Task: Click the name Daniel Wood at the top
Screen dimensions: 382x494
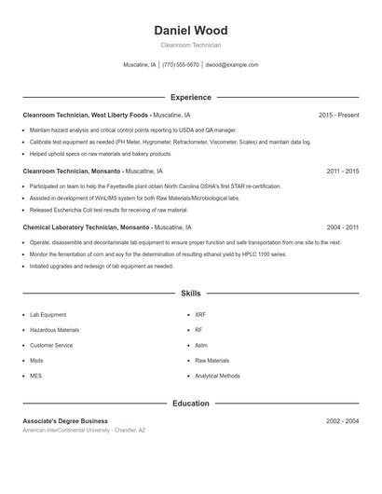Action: pos(190,31)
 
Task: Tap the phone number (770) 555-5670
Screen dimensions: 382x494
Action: pos(180,65)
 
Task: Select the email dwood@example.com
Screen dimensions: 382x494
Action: pos(232,65)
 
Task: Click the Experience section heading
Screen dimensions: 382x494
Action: pos(190,97)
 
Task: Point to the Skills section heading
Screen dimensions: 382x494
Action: pos(190,294)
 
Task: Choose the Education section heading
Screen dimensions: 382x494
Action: pos(190,404)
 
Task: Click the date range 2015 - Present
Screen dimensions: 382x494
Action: pos(338,116)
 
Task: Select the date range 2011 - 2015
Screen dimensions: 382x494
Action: pos(342,172)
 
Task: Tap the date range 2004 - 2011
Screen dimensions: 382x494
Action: pos(342,227)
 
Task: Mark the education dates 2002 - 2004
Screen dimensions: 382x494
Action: pos(342,421)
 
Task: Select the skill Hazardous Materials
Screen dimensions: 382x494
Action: pos(55,330)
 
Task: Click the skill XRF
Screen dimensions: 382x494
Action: pos(200,315)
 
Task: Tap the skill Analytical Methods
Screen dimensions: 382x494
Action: pos(217,376)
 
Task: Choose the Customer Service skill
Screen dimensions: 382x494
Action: pos(51,345)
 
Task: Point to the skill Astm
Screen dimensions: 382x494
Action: pos(201,345)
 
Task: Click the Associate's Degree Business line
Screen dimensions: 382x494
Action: pos(65,421)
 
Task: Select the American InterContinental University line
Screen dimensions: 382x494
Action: pos(84,431)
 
